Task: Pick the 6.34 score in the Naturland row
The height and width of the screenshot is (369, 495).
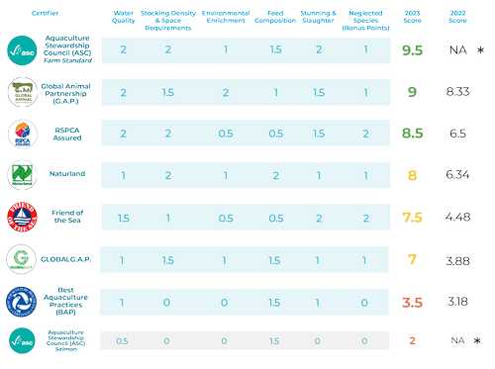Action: coord(457,175)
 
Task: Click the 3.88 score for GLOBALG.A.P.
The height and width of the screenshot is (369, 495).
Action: coord(457,260)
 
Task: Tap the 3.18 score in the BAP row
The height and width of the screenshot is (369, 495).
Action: coord(457,302)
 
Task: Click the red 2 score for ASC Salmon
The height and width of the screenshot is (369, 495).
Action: coord(412,341)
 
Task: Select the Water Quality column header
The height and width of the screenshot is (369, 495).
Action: coord(124,15)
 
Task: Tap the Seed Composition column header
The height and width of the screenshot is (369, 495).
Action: coord(268,15)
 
